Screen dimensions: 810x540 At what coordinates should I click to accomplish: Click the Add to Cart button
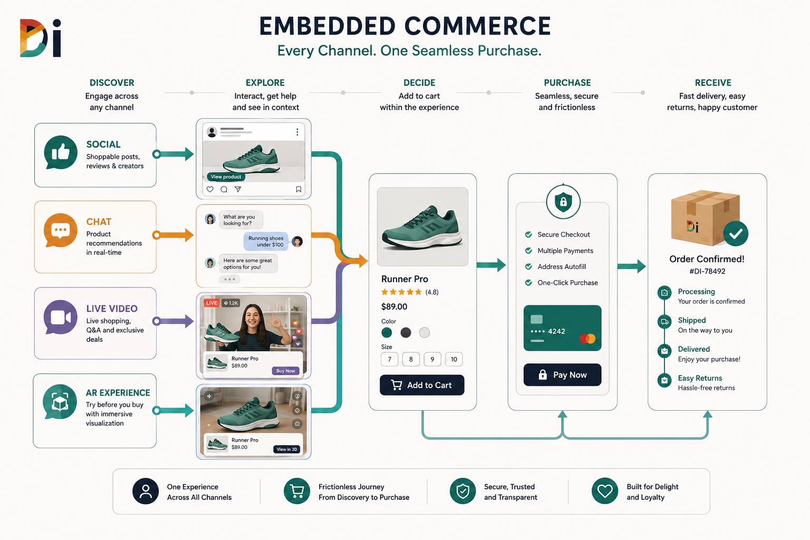[x=422, y=385]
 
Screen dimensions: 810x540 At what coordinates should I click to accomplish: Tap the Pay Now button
[x=562, y=375]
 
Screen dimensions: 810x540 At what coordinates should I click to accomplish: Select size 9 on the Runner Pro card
[x=432, y=359]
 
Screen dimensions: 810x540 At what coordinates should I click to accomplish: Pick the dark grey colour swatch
[x=406, y=332]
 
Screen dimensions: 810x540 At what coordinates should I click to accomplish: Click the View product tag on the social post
[x=226, y=177]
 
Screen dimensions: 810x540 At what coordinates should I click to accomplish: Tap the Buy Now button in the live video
[x=286, y=371]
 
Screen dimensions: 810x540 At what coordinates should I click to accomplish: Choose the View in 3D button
[x=287, y=449]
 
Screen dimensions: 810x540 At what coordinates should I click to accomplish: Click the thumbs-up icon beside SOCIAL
[x=61, y=152]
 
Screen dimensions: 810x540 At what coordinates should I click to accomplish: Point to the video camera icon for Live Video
[x=61, y=317]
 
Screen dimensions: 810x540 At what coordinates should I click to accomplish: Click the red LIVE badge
[x=211, y=303]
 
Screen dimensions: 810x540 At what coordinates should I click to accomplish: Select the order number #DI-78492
[x=707, y=271]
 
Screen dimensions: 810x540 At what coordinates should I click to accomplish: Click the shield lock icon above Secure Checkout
[x=563, y=201]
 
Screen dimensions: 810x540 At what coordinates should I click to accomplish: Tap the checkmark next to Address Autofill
[x=528, y=266]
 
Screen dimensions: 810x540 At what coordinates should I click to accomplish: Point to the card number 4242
[x=556, y=331]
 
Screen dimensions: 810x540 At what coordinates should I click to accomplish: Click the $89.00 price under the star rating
[x=394, y=307]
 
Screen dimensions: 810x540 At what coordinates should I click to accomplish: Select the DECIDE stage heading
[x=419, y=83]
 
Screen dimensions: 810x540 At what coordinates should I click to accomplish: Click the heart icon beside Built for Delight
[x=605, y=491]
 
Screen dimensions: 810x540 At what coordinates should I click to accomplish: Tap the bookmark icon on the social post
[x=298, y=189]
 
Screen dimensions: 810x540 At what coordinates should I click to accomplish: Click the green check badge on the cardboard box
[x=736, y=234]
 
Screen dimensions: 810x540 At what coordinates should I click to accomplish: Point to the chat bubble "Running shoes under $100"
[x=266, y=241]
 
